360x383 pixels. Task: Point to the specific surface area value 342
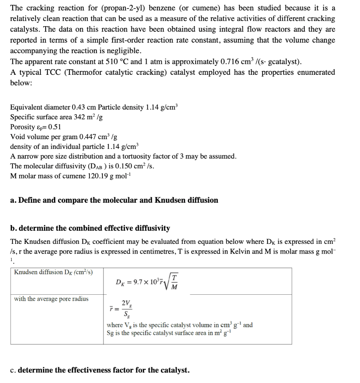click(81, 117)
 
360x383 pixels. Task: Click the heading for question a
click(114, 200)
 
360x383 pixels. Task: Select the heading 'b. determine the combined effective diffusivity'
click(90, 228)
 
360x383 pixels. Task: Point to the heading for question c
click(100, 370)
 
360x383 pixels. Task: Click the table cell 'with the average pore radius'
click(51, 299)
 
